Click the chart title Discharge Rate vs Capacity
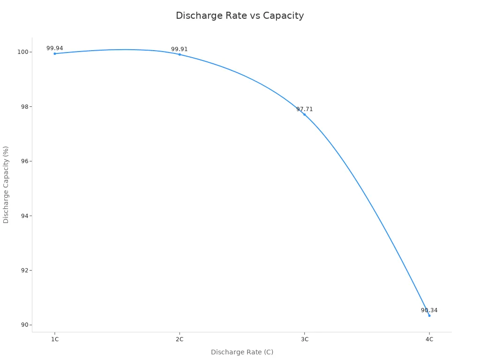click(x=240, y=15)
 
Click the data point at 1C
click(x=55, y=53)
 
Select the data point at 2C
click(x=180, y=54)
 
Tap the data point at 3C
click(x=304, y=114)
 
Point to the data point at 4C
click(x=429, y=315)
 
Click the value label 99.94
click(x=55, y=48)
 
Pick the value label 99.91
click(x=180, y=49)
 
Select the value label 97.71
click(x=304, y=109)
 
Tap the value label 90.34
click(x=429, y=310)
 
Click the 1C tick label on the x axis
click(x=55, y=339)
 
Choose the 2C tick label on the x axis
click(x=180, y=339)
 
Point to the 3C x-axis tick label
click(x=304, y=339)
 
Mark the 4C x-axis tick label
click(x=429, y=339)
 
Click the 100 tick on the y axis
click(x=22, y=52)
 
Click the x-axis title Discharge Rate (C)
click(x=242, y=352)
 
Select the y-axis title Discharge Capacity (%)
click(x=6, y=184)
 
